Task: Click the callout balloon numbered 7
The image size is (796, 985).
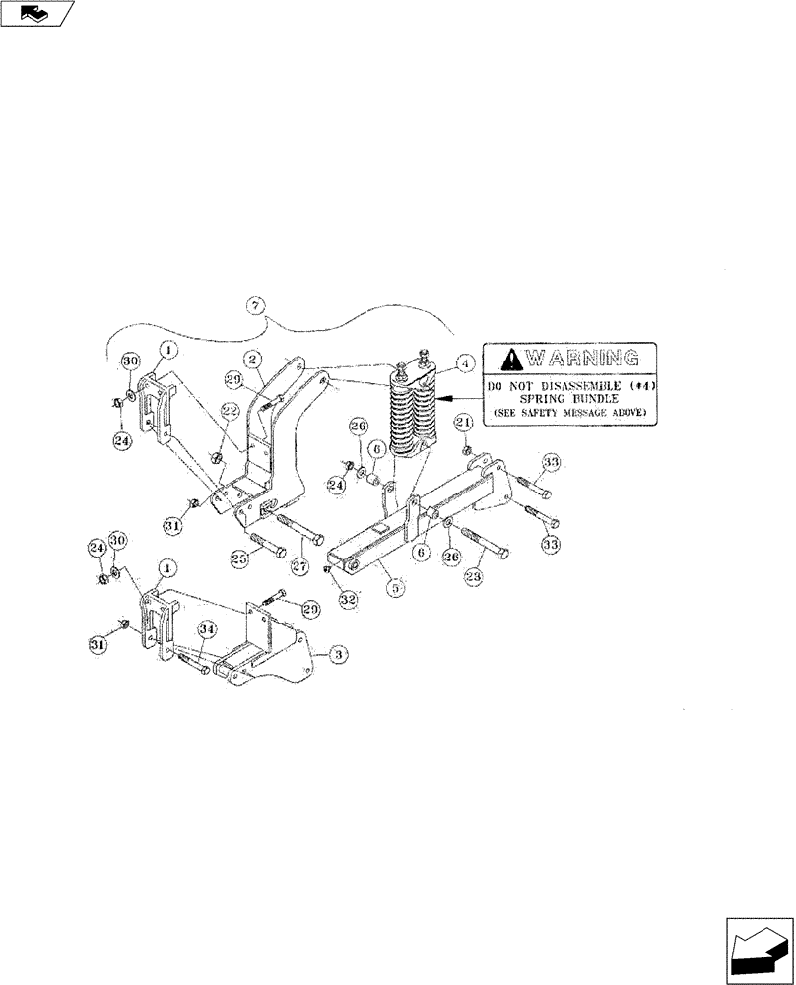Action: click(x=255, y=306)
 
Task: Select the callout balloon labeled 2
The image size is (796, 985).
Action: click(x=253, y=358)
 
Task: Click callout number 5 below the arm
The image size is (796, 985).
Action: click(x=397, y=589)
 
